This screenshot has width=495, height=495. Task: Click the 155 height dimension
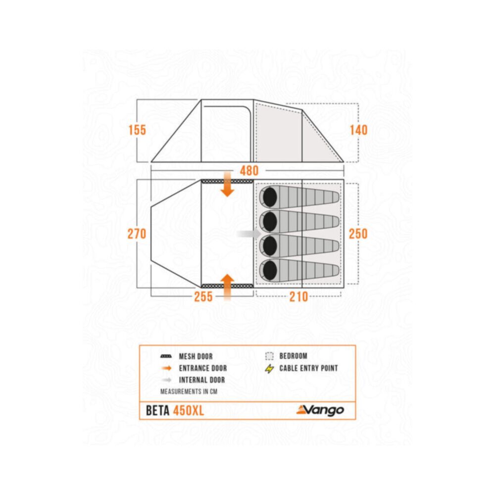pyautogui.click(x=137, y=130)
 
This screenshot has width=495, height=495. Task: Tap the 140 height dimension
pyautogui.click(x=358, y=130)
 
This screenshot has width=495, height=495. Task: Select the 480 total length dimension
pyautogui.click(x=249, y=171)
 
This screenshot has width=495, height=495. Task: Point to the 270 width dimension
pyautogui.click(x=137, y=234)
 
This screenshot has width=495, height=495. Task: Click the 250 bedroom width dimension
pyautogui.click(x=358, y=234)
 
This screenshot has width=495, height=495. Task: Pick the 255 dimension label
pyautogui.click(x=203, y=297)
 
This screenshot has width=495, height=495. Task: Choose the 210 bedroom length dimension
pyautogui.click(x=298, y=297)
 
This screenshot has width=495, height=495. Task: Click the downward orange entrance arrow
pyautogui.click(x=227, y=184)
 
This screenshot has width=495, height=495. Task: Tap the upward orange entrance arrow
pyautogui.click(x=227, y=287)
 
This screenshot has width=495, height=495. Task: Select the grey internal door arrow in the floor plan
pyautogui.click(x=249, y=234)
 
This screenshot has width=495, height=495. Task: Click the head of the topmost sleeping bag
pyautogui.click(x=270, y=197)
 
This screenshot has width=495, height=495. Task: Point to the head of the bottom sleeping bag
pyautogui.click(x=270, y=270)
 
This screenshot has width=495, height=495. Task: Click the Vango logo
pyautogui.click(x=320, y=410)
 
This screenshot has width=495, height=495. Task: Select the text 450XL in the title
pyautogui.click(x=189, y=410)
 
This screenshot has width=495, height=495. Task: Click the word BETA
pyautogui.click(x=158, y=410)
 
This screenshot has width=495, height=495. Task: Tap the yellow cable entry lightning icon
pyautogui.click(x=269, y=368)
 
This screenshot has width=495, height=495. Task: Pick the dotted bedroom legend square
pyautogui.click(x=269, y=356)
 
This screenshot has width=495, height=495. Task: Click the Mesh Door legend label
pyautogui.click(x=196, y=356)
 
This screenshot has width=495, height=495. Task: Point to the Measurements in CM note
pyautogui.click(x=189, y=392)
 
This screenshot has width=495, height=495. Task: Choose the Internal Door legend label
pyautogui.click(x=202, y=380)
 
